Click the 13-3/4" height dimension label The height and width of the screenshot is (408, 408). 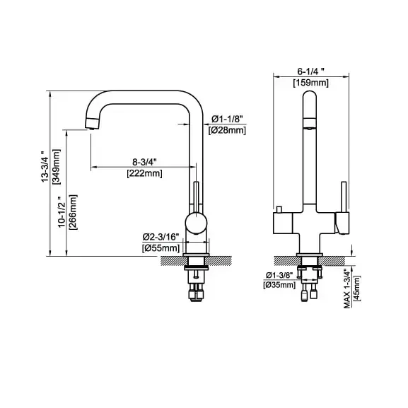pyautogui.click(x=45, y=167)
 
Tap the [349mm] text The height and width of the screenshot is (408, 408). pyautogui.click(x=57, y=167)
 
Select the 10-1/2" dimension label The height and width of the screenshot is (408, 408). pyautogui.click(x=62, y=212)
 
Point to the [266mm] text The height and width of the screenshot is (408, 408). pyautogui.click(x=73, y=212)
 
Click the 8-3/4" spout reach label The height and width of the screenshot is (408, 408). pyautogui.click(x=144, y=162)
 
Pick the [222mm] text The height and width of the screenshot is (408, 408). pyautogui.click(x=145, y=173)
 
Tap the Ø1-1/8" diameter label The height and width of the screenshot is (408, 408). pyautogui.click(x=227, y=120)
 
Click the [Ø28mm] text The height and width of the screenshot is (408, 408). pyautogui.click(x=227, y=130)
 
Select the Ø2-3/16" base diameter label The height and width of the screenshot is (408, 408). pyautogui.click(x=161, y=237)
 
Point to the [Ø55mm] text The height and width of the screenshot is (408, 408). pyautogui.click(x=161, y=248)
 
